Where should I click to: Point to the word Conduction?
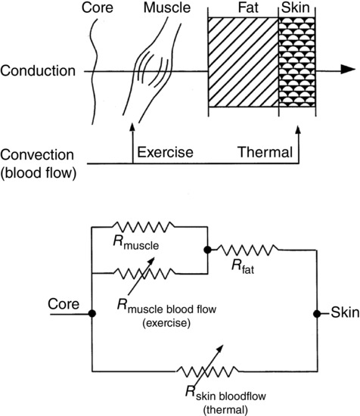pyautogui.click(x=37, y=73)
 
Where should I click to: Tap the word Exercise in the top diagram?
pyautogui.click(x=164, y=154)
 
